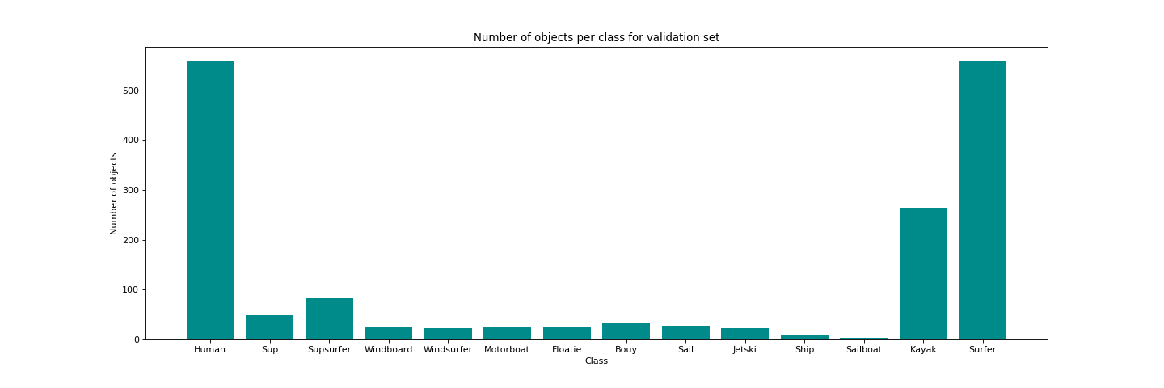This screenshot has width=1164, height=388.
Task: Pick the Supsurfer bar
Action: tap(329, 318)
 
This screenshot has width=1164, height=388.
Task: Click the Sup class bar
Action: tap(269, 327)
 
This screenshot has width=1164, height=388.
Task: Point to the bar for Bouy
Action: tap(626, 331)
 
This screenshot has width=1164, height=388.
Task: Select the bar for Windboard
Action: tap(388, 333)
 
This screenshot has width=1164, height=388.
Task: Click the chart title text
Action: tap(596, 37)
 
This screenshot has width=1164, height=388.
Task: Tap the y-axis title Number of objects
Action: tap(114, 193)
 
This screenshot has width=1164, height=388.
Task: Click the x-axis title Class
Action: tap(596, 361)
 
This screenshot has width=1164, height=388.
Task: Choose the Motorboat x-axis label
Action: tap(507, 349)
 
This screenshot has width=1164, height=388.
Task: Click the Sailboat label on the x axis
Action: tap(863, 349)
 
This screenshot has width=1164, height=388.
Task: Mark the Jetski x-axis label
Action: tap(744, 349)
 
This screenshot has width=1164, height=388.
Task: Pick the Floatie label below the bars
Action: tap(567, 349)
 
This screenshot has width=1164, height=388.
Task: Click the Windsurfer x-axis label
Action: tap(448, 349)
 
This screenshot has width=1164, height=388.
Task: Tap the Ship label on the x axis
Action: tap(804, 349)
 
